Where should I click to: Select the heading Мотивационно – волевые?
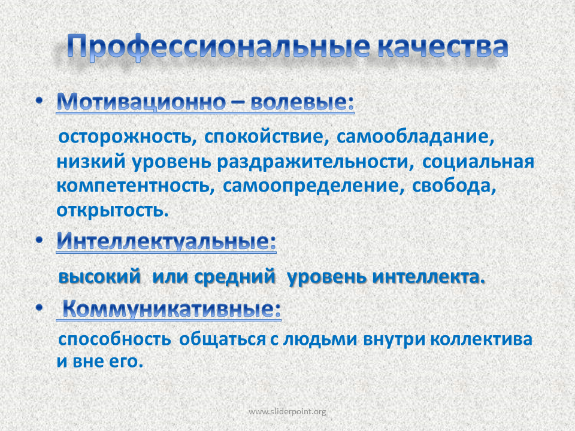205,102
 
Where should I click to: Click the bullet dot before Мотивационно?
40,101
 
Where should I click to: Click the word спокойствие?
267,137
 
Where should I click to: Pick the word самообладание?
416,137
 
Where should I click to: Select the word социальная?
478,162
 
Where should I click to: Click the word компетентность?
135,186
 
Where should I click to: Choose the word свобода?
454,186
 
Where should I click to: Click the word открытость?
113,210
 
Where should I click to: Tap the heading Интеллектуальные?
166,241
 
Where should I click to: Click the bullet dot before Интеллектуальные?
40,240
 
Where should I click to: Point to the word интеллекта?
429,277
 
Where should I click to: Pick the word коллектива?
482,339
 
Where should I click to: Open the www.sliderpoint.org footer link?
287,412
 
